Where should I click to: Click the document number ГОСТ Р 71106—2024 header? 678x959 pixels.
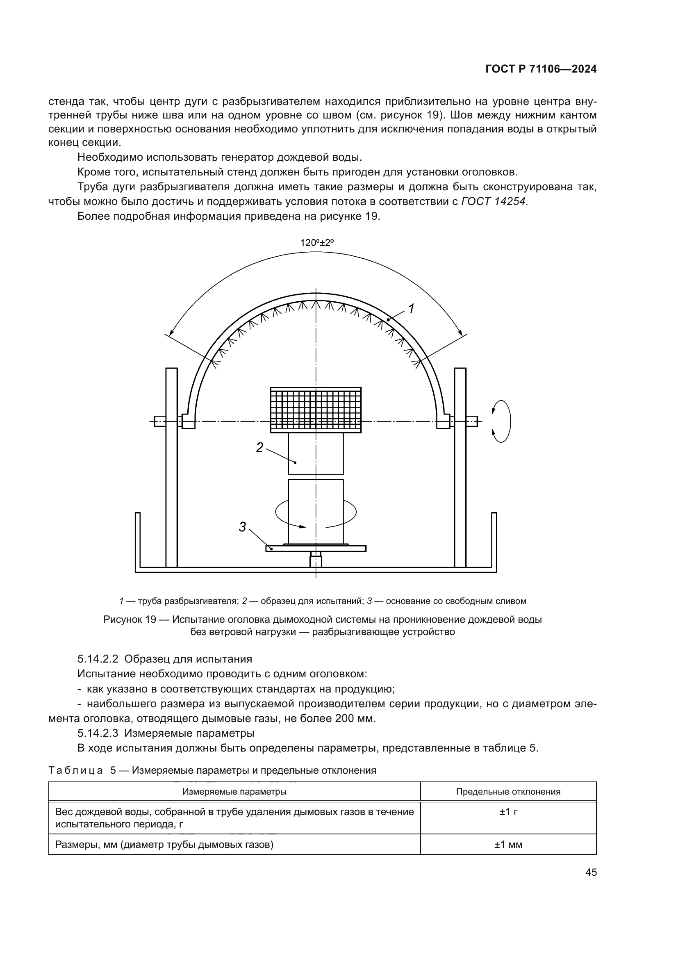click(x=541, y=69)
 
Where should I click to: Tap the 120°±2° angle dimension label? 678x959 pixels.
click(x=317, y=243)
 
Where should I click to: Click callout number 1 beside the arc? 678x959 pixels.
click(x=411, y=309)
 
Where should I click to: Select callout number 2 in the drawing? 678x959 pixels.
click(x=259, y=448)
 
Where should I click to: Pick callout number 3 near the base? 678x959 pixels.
click(x=243, y=527)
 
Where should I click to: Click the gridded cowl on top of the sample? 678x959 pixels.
click(x=316, y=410)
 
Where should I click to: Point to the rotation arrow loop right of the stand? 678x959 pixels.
click(x=501, y=421)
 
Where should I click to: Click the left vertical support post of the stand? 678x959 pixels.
click(x=172, y=468)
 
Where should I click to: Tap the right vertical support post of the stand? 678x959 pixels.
click(x=460, y=468)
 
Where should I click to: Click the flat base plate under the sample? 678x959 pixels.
click(x=316, y=549)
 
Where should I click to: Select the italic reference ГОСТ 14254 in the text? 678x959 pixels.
click(x=494, y=202)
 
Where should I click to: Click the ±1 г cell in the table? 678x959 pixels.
click(x=508, y=811)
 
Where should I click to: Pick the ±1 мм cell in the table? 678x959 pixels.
click(x=508, y=845)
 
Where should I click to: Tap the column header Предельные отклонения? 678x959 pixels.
click(x=508, y=791)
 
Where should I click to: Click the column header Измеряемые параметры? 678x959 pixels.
click(x=234, y=791)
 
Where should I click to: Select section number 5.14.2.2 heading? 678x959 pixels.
click(x=98, y=659)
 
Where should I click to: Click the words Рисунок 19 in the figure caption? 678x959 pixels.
click(x=130, y=620)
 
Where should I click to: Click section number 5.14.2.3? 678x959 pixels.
click(x=98, y=733)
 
